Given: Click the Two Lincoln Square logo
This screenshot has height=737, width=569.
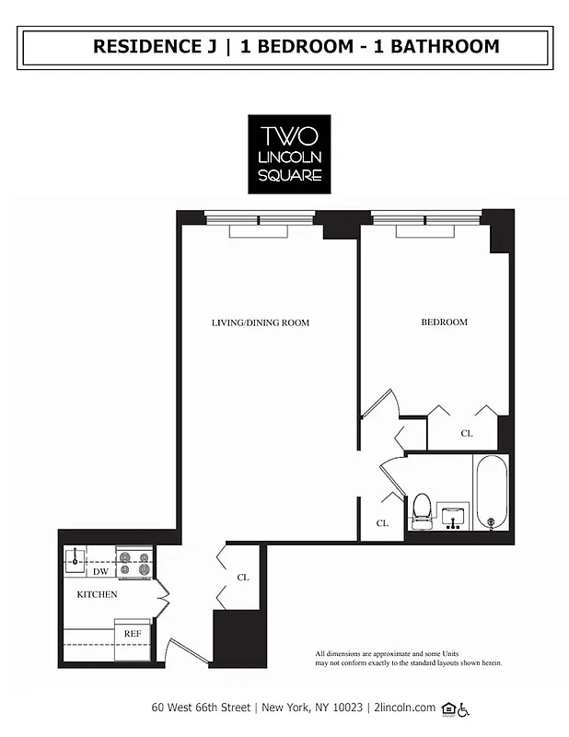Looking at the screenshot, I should (288, 154).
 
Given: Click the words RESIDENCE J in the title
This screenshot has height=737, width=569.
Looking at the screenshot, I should (157, 47).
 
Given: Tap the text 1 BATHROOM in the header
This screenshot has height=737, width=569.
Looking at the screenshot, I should (437, 47).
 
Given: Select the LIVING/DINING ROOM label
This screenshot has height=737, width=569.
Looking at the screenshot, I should (261, 323).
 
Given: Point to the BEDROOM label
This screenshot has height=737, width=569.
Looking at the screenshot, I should (444, 322).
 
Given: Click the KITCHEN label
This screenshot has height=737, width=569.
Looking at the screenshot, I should (97, 595).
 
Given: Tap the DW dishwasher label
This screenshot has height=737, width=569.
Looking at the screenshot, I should (100, 572).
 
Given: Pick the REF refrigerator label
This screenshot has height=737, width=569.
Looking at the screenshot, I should (133, 635).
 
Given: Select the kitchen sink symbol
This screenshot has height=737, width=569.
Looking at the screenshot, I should (75, 556).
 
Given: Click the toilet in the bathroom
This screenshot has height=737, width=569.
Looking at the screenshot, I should (421, 510).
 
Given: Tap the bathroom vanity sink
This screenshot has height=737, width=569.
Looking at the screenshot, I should (452, 516).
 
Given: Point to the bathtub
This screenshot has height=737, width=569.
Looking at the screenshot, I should (491, 493).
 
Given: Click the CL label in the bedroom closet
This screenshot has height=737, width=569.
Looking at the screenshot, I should (467, 433).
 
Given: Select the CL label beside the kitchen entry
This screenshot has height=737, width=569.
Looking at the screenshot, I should (243, 578).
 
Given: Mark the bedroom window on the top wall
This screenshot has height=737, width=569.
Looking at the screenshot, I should (425, 220).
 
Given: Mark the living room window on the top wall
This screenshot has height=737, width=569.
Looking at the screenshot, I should (258, 220).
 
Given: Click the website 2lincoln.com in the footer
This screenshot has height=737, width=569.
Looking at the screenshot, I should (403, 708).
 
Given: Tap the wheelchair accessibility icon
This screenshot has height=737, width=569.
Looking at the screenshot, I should (464, 708).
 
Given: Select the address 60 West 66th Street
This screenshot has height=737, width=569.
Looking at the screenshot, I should (203, 708).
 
